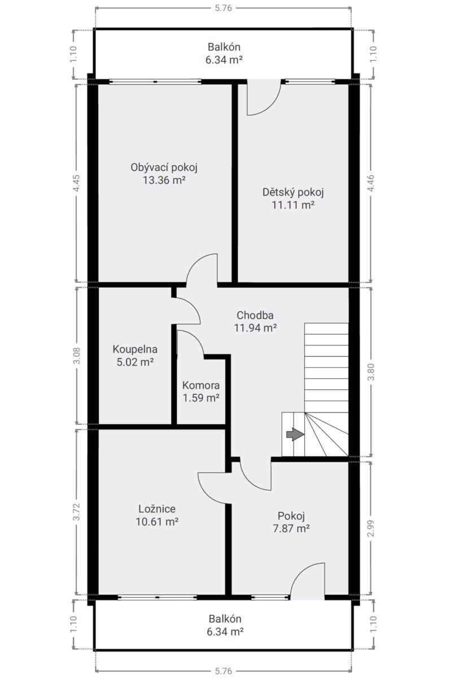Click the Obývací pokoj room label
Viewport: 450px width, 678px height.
164,167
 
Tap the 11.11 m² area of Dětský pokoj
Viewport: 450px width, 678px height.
292,205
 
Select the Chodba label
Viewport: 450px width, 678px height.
255,315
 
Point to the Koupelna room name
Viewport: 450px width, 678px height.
135,349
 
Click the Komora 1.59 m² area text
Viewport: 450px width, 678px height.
201,398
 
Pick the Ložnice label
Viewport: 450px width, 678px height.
157,509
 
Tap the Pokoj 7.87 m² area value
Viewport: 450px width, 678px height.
291,528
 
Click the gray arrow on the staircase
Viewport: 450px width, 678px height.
295,434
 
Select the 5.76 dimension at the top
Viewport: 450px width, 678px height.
223,8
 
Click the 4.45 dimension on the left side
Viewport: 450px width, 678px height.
77,183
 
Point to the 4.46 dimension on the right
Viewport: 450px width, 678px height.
371,183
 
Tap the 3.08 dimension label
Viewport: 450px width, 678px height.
77,355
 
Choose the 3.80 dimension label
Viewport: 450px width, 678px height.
371,372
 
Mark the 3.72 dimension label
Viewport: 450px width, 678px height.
77,511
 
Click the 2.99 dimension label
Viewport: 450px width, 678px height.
371,528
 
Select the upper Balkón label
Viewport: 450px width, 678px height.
224,47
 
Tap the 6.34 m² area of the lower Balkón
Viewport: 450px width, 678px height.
225,632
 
